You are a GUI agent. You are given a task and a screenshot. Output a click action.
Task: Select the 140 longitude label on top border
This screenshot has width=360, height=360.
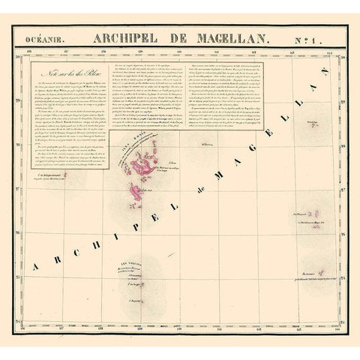pyautogui.click(x=178, y=52)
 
